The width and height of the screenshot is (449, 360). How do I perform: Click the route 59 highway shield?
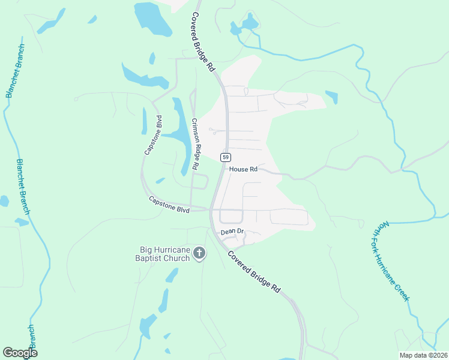(225, 157)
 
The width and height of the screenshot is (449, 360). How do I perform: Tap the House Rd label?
(243, 169)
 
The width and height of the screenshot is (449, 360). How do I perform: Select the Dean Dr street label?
(232, 231)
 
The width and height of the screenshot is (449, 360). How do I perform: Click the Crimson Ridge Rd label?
(194, 144)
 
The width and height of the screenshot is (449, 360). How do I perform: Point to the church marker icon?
(199, 254)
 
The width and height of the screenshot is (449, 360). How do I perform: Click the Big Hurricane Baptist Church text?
(165, 254)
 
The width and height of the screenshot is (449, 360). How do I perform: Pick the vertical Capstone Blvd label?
(153, 135)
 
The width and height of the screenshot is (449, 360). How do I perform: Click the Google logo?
(20, 352)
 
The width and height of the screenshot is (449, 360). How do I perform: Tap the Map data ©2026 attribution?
(423, 355)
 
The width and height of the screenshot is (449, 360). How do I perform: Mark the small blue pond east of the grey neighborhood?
(331, 97)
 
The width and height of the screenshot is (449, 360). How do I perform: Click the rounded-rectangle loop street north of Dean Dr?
(231, 216)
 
